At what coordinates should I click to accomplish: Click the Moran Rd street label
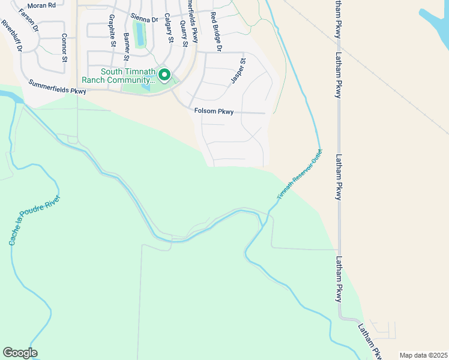point(41,5)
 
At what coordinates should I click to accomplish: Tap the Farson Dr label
point(28,19)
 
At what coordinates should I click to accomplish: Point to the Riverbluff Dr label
point(11,36)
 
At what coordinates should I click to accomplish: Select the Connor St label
point(64,47)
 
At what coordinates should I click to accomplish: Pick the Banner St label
point(126,46)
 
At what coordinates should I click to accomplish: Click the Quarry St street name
point(184,32)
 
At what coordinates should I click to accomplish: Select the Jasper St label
point(238,71)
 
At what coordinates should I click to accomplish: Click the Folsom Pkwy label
point(214,111)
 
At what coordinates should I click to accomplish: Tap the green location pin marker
point(164,74)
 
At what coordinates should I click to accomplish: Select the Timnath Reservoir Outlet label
point(299,175)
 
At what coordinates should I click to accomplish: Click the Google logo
point(20,353)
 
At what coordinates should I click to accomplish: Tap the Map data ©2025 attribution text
point(424,355)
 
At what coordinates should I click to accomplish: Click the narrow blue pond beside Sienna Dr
point(140,34)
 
